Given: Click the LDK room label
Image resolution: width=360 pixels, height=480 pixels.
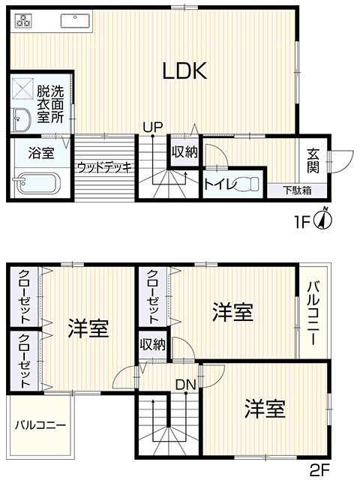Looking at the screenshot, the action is (x=184, y=70).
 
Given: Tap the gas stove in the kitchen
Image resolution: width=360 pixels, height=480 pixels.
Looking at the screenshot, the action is (x=23, y=20).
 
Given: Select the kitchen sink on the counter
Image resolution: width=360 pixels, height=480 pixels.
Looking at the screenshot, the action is (x=76, y=20).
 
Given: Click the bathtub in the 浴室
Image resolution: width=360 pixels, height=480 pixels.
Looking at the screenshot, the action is (x=37, y=183).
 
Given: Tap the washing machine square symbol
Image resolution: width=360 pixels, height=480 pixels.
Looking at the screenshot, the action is (x=22, y=88).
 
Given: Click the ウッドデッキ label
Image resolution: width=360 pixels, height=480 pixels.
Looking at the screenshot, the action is (x=104, y=167).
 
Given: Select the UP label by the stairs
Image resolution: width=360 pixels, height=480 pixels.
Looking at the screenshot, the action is (x=153, y=127).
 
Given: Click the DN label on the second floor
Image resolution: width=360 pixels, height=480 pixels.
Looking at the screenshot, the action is (x=185, y=385).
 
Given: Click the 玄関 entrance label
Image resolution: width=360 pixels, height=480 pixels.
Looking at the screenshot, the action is (x=313, y=160).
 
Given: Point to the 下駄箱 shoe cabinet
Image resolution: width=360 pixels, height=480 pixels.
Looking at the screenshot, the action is (x=297, y=190).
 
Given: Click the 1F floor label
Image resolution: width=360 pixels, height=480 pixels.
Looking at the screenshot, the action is (x=303, y=222).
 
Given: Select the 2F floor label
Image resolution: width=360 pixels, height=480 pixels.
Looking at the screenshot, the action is (x=319, y=471).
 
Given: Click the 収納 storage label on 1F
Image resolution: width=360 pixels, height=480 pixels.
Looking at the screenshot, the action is (x=184, y=151).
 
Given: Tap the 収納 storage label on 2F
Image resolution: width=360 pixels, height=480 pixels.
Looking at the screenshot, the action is (x=153, y=345).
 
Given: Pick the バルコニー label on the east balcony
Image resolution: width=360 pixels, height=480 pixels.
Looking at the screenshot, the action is (x=313, y=313).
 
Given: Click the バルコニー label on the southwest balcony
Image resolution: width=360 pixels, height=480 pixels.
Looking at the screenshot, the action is (x=40, y=425).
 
